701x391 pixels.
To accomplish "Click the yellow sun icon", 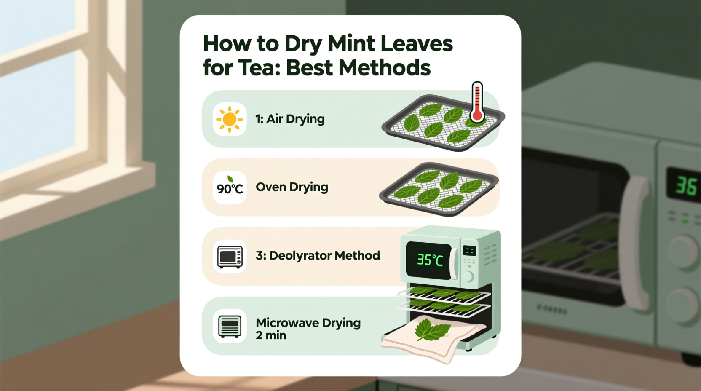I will pos(230,119).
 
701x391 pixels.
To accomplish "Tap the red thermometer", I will pos(477,102).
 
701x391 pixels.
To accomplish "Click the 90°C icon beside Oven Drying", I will pos(230,187).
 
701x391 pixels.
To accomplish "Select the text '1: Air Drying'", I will pos(290,119).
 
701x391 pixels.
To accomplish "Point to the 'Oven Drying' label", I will pos(292,187).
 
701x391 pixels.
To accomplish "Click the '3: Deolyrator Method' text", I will pos(318,255).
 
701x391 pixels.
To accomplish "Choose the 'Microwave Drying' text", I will pos(308,323).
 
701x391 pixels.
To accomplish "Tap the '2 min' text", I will pos(271,335).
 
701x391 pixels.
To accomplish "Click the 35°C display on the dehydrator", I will pos(430,260).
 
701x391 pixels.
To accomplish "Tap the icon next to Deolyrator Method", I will pos(230,256).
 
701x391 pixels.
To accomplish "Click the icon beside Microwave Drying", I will pos(230,326).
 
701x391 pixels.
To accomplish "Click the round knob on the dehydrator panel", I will pos(468,276).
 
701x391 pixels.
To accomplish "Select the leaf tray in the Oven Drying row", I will pos(439,189).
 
